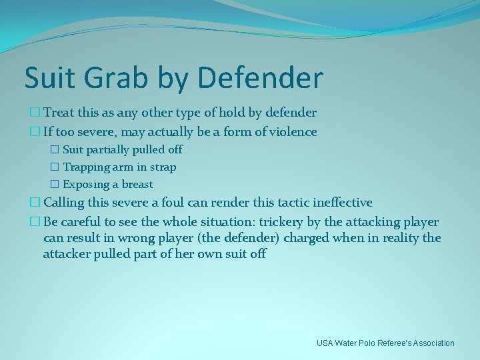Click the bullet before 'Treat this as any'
point(29,113)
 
